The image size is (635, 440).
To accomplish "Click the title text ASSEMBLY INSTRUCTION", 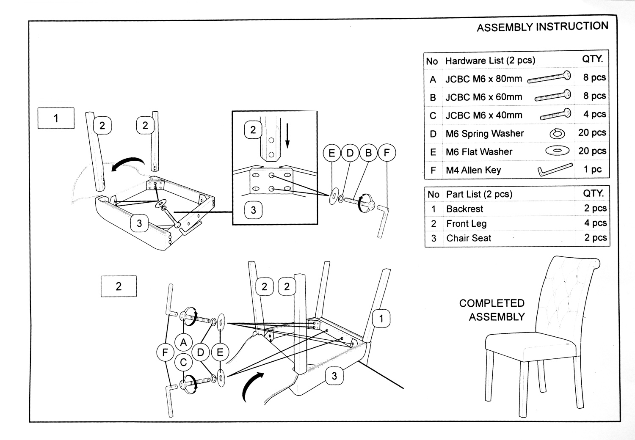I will tap(542, 27).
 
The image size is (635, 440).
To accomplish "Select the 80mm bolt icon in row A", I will tap(549, 77).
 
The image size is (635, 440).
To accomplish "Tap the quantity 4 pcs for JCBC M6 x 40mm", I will tap(594, 114).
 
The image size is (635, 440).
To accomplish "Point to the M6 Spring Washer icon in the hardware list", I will tap(557, 134).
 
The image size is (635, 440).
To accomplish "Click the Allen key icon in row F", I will tap(555, 170).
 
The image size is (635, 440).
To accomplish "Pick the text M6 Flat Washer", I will tap(479, 152).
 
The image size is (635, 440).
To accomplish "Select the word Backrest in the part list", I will tap(464, 209).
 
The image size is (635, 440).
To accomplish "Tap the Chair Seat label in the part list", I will tap(469, 238).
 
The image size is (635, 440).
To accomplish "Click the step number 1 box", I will tap(56, 118).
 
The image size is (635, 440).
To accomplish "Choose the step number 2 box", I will tap(119, 286).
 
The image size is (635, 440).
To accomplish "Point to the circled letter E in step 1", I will tap(332, 153).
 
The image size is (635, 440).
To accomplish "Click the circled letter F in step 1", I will tap(387, 153).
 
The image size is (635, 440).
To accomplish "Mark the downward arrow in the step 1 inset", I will tap(287, 135).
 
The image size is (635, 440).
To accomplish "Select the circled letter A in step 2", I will tap(183, 342).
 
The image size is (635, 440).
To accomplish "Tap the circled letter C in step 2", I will tap(183, 362).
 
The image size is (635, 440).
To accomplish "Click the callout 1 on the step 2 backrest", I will tap(381, 319).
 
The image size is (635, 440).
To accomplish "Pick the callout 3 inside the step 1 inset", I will tap(253, 210).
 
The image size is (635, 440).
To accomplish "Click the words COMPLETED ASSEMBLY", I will tap(492, 310).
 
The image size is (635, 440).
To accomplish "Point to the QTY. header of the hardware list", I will tap(592, 59).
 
